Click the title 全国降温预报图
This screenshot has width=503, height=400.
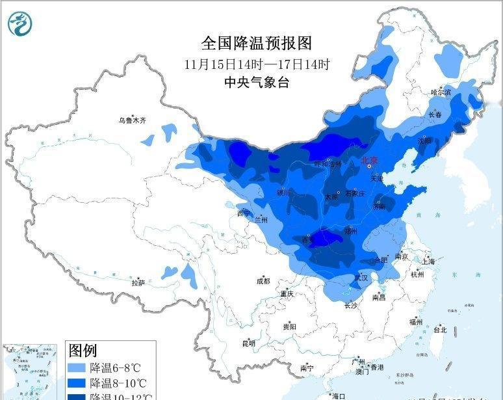pyautogui.click(x=257, y=43)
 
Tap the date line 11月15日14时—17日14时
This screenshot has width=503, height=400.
pyautogui.click(x=257, y=64)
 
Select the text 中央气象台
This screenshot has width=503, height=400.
pyautogui.click(x=256, y=83)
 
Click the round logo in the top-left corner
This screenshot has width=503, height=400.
pyautogui.click(x=21, y=24)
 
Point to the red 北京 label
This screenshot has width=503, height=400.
pyautogui.click(x=369, y=159)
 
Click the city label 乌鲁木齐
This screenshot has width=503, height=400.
pyautogui.click(x=132, y=120)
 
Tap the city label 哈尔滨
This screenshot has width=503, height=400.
pyautogui.click(x=441, y=92)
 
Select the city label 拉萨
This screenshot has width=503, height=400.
pyautogui.click(x=138, y=283)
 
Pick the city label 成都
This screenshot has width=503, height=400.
pyautogui.click(x=263, y=281)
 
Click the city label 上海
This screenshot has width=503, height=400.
pyautogui.click(x=428, y=261)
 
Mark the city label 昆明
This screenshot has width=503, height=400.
pyautogui.click(x=248, y=343)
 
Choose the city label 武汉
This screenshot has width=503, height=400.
pyautogui.click(x=361, y=278)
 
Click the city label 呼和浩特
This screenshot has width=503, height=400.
pyautogui.click(x=327, y=165)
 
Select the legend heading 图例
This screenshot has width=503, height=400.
pyautogui.click(x=83, y=351)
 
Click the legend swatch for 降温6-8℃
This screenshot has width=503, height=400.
pyautogui.click(x=77, y=367)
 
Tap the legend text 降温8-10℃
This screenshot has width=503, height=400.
pyautogui.click(x=118, y=383)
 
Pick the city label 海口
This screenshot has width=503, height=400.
pyautogui.click(x=338, y=395)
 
